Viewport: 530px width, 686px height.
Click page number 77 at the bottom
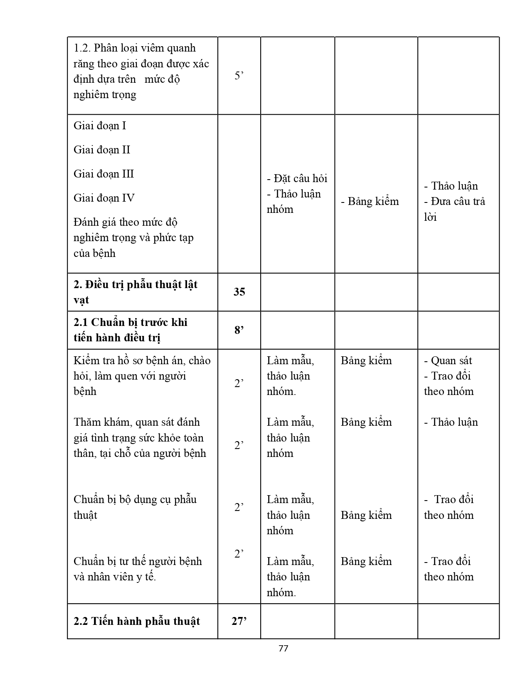pos(283,648)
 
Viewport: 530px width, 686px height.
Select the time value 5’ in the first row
pos(239,76)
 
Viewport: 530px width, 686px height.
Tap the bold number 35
pos(239,292)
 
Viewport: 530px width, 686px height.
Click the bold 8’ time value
pos(239,330)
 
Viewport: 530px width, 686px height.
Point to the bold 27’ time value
pos(239,621)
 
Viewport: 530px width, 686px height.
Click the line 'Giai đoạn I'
pos(100,126)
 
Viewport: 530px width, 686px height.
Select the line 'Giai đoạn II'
pos(102,150)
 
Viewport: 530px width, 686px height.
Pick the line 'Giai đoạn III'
pos(104,174)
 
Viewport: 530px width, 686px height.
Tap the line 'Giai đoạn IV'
pos(104,198)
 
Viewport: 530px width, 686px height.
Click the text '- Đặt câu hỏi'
pos(297,178)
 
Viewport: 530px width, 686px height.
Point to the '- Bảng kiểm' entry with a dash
pos(370,202)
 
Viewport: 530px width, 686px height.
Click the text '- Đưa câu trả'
pos(454,202)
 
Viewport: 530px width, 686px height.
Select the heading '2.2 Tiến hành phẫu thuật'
pos(137,621)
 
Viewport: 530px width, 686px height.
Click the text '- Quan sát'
pos(448,360)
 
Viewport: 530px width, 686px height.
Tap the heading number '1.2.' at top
pos(82,48)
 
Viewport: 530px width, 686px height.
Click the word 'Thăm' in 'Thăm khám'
pos(87,422)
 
